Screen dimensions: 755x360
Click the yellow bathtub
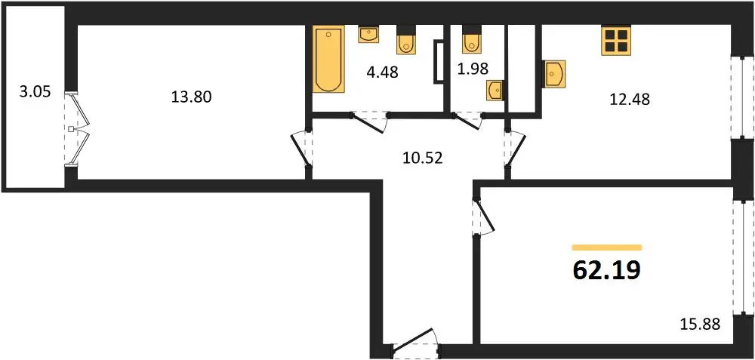pos(329,59)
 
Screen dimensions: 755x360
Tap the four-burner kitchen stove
pos(616,41)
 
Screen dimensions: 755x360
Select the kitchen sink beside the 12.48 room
pos(554,74)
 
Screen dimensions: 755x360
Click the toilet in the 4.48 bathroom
pos(405,39)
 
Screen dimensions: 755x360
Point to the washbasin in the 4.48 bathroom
pos(368,34)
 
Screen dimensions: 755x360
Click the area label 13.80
pos(191,97)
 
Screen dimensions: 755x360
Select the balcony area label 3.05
pos(35,92)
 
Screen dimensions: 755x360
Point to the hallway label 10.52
pos(422,158)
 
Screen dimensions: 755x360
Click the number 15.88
pos(700,325)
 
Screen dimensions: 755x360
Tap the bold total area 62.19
pos(607,270)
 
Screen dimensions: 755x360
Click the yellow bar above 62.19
pos(607,248)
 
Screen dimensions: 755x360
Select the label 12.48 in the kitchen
pos(630,100)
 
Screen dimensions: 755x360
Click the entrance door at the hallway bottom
pos(414,343)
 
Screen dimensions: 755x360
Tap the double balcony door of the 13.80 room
pos(77,129)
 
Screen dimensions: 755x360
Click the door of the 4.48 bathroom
pos(370,122)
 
